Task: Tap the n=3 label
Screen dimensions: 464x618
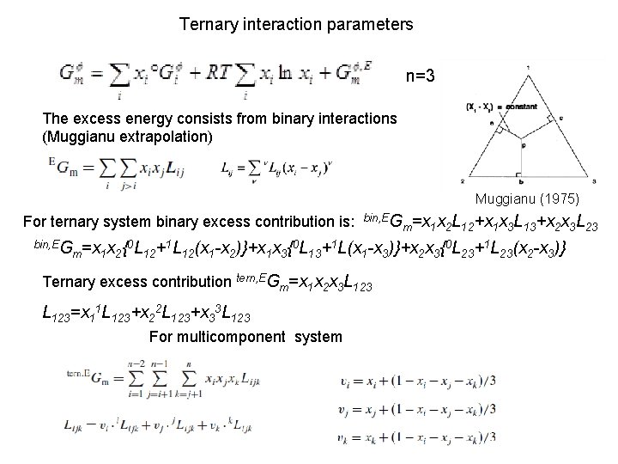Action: pyautogui.click(x=425, y=77)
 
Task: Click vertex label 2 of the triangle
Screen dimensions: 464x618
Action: pyautogui.click(x=463, y=181)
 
